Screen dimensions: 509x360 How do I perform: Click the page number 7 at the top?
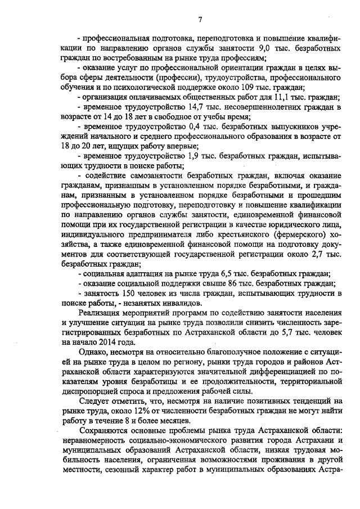click(200, 21)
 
